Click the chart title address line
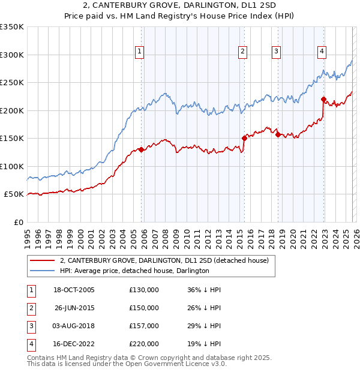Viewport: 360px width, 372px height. [x=180, y=6]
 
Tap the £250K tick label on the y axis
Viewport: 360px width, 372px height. [x=12, y=82]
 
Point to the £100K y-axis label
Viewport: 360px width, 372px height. [x=12, y=166]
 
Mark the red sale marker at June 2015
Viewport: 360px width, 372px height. [x=244, y=138]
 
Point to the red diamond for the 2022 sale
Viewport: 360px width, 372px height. [x=323, y=100]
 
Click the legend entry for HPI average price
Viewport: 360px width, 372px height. [x=134, y=271]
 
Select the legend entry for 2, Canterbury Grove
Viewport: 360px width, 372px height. [x=167, y=260]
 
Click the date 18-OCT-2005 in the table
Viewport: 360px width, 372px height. [x=74, y=290]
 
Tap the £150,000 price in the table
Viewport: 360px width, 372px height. [x=144, y=308]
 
